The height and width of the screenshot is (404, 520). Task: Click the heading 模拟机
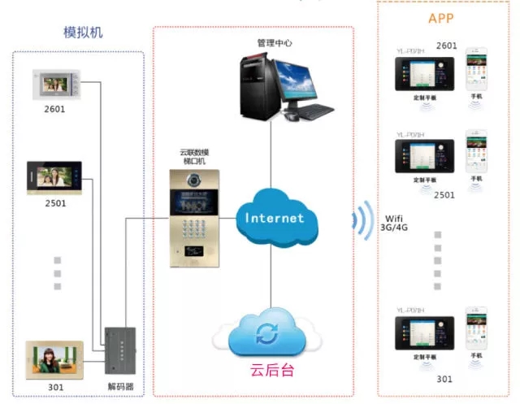84,33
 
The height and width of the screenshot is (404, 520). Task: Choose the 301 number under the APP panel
444,379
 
